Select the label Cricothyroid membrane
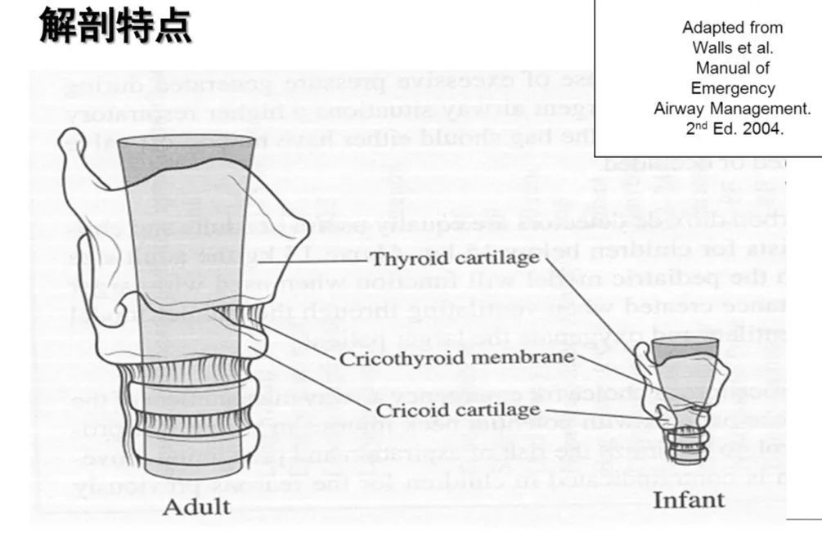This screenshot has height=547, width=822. point(457,358)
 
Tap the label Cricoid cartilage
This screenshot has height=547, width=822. point(458,409)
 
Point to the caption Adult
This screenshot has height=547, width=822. point(196,506)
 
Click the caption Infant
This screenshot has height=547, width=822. point(689,500)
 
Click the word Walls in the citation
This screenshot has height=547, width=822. point(709,47)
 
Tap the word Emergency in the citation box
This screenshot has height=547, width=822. point(732,87)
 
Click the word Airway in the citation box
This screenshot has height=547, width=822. point(677,108)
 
